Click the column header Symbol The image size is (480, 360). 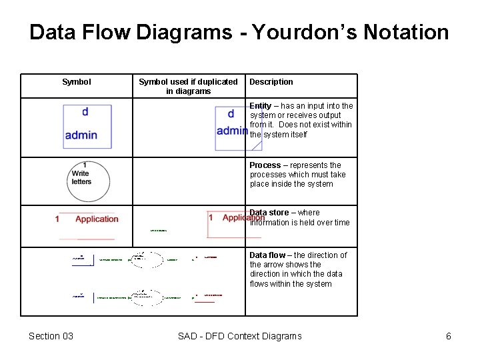click(x=76, y=82)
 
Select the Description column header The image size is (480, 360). click(x=271, y=82)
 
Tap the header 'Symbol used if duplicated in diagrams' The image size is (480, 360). click(x=188, y=87)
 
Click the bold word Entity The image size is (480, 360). click(x=261, y=106)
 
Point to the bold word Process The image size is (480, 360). click(x=265, y=165)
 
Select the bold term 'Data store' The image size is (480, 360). click(x=269, y=213)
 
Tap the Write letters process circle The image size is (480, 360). click(x=87, y=181)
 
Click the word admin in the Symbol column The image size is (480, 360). click(x=81, y=135)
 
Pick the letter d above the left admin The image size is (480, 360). click(x=85, y=112)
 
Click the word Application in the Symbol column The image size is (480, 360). click(x=97, y=219)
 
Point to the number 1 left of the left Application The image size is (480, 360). click(x=57, y=219)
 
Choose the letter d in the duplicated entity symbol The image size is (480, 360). click(x=231, y=114)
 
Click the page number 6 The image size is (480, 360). click(x=449, y=336)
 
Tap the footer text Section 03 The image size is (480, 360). click(x=51, y=336)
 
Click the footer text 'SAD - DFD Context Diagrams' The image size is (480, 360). click(x=239, y=336)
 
